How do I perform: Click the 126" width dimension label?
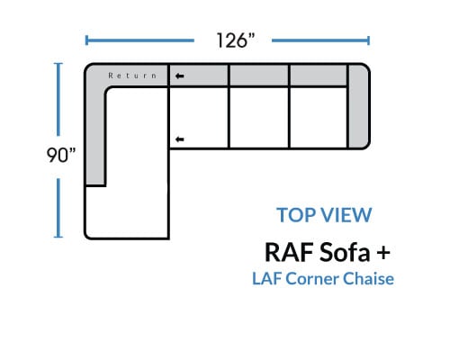[x=236, y=40]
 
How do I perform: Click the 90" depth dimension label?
[x=61, y=155]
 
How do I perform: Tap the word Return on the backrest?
[x=132, y=76]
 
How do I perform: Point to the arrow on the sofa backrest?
[x=179, y=76]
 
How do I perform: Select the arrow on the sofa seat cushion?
[x=179, y=139]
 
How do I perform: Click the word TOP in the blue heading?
[x=295, y=215]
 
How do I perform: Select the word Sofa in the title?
[x=345, y=252]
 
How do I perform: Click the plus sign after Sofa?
[x=383, y=253]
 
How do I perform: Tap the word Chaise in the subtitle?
[x=368, y=279]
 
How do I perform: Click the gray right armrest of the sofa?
[x=358, y=106]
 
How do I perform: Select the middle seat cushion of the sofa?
[x=259, y=117]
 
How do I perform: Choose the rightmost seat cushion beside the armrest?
[x=319, y=117]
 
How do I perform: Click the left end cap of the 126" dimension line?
[x=86, y=40]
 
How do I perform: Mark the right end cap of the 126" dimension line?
[x=368, y=40]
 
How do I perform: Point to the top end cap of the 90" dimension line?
[x=58, y=64]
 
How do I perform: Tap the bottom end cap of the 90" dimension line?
[x=58, y=237]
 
